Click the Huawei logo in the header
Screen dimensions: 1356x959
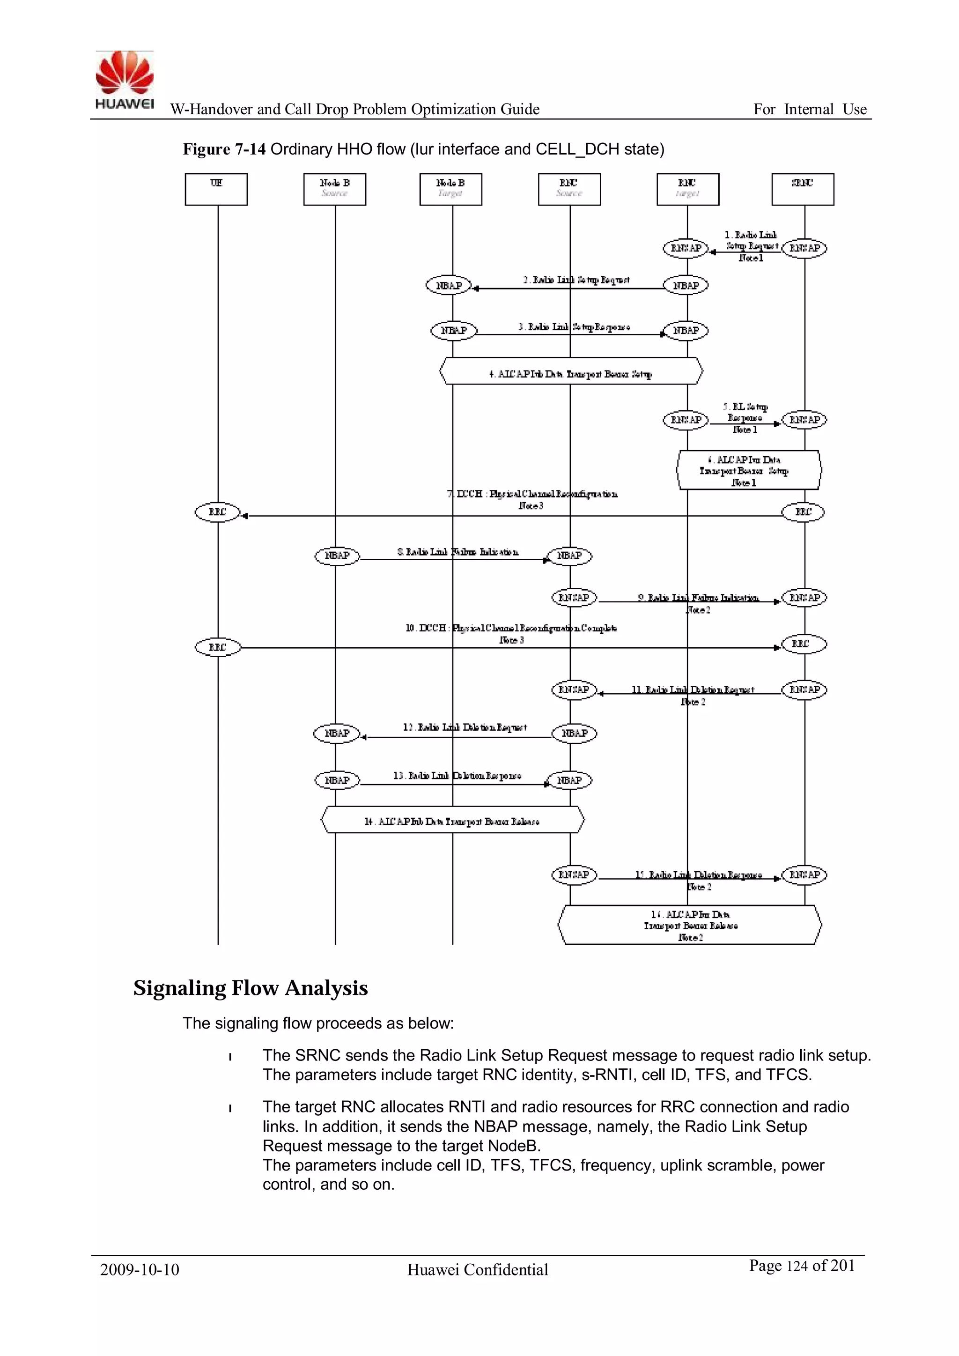(125, 80)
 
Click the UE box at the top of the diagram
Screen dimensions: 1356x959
(216, 189)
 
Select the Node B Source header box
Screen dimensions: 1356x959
(335, 189)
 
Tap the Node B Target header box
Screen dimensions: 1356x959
(450, 189)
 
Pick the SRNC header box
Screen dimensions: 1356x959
(803, 189)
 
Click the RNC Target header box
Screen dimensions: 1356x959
(688, 189)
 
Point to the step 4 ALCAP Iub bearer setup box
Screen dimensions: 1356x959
(571, 371)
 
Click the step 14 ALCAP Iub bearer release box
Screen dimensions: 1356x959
(452, 820)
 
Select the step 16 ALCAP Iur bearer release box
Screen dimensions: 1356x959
(690, 925)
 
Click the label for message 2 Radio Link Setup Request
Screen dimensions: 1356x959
(576, 280)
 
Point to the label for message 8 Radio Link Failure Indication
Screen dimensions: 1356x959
(457, 552)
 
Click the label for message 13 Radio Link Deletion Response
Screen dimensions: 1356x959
(457, 776)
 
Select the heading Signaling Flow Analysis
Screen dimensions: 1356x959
(251, 988)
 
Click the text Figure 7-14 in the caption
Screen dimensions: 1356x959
(224, 149)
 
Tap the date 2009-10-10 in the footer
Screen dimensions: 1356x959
(140, 1270)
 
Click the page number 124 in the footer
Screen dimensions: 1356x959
(797, 1266)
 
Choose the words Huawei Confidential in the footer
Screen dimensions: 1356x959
(478, 1270)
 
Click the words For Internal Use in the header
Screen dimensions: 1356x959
(810, 109)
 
